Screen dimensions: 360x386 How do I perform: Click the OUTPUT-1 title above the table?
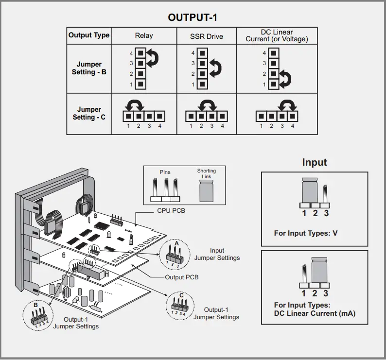(193, 17)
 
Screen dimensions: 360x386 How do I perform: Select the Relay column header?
(143, 35)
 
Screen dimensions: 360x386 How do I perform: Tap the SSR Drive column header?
(207, 36)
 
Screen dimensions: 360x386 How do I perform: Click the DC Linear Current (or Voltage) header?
(277, 35)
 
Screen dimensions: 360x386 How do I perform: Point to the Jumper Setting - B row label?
(89, 68)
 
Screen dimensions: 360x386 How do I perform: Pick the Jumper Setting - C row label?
(89, 113)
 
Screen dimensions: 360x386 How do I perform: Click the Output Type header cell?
(89, 35)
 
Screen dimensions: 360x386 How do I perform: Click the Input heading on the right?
(315, 162)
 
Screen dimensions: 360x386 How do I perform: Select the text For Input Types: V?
(305, 233)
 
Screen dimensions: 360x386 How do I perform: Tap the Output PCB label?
(182, 277)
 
